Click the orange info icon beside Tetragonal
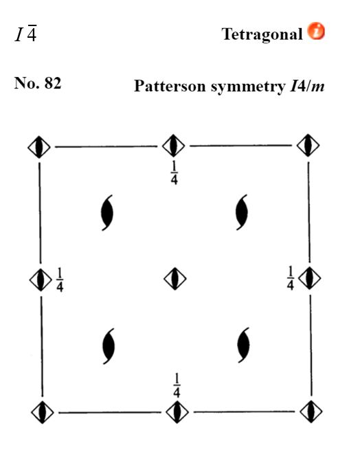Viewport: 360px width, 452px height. point(316,31)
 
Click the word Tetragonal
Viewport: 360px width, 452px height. point(262,34)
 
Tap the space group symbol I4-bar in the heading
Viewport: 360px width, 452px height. point(26,34)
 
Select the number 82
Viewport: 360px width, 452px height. point(53,83)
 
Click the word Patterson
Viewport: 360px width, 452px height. point(170,86)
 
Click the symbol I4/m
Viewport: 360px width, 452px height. point(307,86)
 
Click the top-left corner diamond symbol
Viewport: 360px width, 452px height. point(39,147)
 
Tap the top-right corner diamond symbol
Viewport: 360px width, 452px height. point(308,146)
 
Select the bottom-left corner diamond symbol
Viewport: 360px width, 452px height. point(43,412)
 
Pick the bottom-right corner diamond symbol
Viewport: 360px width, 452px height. point(311,411)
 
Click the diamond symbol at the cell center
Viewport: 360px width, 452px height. point(175,279)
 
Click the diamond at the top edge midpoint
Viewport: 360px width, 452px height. point(174,146)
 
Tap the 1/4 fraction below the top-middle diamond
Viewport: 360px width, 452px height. point(174,172)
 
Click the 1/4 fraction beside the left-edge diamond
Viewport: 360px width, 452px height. point(60,280)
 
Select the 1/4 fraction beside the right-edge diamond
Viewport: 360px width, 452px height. point(291,278)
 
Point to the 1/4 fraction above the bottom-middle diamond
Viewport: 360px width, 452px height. point(177,385)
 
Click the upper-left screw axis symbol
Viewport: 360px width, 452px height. point(107,213)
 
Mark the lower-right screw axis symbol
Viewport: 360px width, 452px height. point(244,345)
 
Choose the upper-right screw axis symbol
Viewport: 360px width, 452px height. point(242,212)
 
